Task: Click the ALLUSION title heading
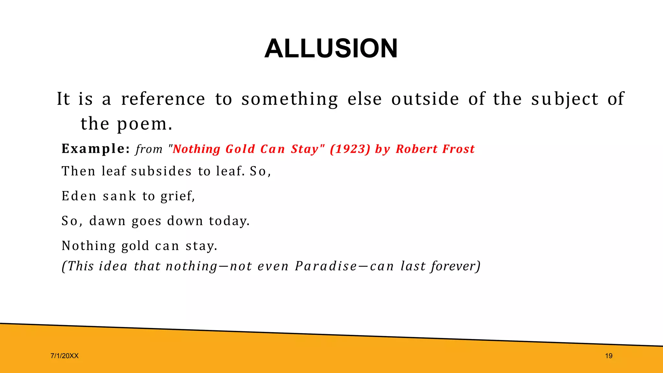(x=331, y=49)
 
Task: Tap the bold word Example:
(x=96, y=149)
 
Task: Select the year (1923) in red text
(x=350, y=149)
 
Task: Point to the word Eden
(x=79, y=196)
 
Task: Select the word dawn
(x=107, y=221)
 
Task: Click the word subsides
(x=161, y=171)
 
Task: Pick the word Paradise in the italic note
(x=326, y=266)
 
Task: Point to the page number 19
(x=609, y=356)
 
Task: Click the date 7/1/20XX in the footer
(x=64, y=356)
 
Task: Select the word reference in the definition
(x=163, y=99)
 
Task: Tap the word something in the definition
(x=289, y=99)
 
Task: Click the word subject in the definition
(x=565, y=99)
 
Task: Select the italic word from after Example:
(x=149, y=149)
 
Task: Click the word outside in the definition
(x=425, y=99)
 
